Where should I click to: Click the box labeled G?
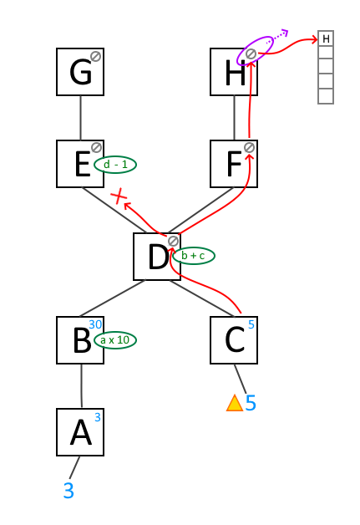tap(80, 72)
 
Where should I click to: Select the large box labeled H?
tap(234, 72)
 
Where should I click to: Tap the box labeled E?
tap(80, 164)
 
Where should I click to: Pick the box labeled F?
tap(234, 164)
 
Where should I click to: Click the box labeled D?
tap(157, 257)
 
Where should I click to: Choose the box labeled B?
tap(80, 340)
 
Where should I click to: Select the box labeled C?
tap(234, 340)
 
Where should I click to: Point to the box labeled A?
tap(80, 432)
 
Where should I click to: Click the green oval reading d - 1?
tap(115, 165)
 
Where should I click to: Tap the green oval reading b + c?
tap(194, 256)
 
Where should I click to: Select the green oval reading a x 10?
tap(115, 340)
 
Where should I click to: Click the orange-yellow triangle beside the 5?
tap(235, 403)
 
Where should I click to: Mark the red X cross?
tap(119, 196)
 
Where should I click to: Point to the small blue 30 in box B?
tap(95, 324)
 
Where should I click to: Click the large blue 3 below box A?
tap(68, 491)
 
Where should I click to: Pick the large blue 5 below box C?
tap(251, 403)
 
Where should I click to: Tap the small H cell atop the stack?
tap(326, 38)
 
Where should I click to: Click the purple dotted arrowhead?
tap(284, 33)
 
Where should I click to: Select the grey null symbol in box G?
tap(96, 56)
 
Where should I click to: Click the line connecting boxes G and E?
tap(81, 118)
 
